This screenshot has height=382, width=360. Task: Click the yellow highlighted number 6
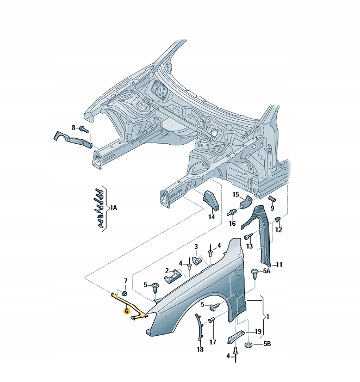click(126, 312)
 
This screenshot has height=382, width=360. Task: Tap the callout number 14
click(212, 217)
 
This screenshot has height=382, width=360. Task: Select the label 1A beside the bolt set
click(113, 208)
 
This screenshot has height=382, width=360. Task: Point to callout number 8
click(74, 127)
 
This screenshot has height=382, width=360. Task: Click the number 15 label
click(236, 195)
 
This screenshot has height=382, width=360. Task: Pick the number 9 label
click(272, 207)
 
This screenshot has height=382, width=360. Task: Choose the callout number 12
click(278, 230)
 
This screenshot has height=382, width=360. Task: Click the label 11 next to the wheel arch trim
click(279, 265)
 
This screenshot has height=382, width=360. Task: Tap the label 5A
click(266, 270)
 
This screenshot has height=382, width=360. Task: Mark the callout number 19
click(258, 331)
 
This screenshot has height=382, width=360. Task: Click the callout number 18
click(200, 349)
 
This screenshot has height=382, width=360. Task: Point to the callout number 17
click(213, 342)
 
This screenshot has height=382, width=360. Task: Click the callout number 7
click(125, 280)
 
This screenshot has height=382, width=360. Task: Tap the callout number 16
click(232, 223)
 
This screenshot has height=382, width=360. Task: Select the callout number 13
click(249, 247)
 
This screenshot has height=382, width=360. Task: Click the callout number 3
click(197, 247)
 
